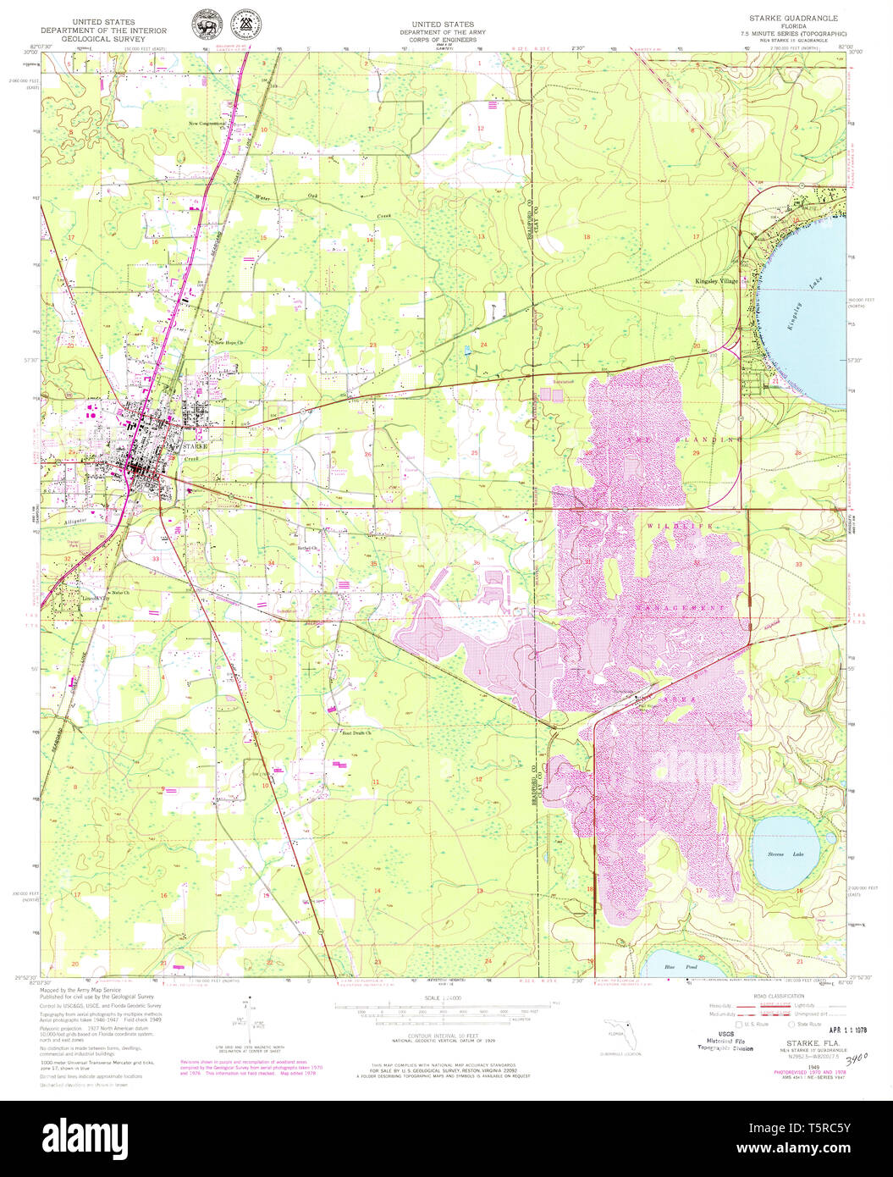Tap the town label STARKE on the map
194,445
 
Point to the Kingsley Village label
715,280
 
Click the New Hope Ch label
228,343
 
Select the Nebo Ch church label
120,592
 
